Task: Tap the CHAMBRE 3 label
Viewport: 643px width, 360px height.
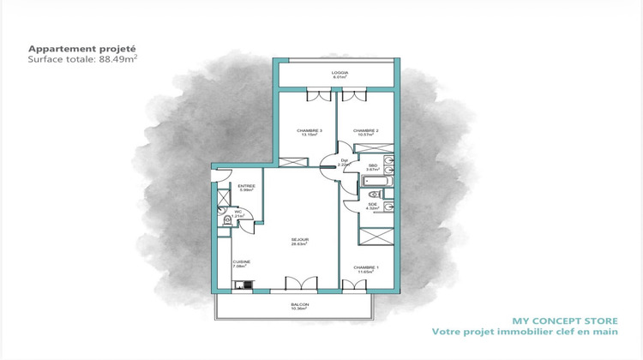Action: pyautogui.click(x=309, y=131)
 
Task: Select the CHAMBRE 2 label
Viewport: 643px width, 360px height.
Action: pyautogui.click(x=366, y=131)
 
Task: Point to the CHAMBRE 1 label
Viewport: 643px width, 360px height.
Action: pyautogui.click(x=366, y=269)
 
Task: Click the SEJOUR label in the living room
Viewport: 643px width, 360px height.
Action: pyautogui.click(x=298, y=241)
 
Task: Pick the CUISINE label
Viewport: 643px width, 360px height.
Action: pyautogui.click(x=241, y=264)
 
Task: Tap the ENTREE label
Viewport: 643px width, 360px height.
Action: pyautogui.click(x=247, y=187)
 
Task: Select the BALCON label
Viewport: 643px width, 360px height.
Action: pyautogui.click(x=300, y=305)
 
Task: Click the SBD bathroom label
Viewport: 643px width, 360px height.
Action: pyautogui.click(x=372, y=167)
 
